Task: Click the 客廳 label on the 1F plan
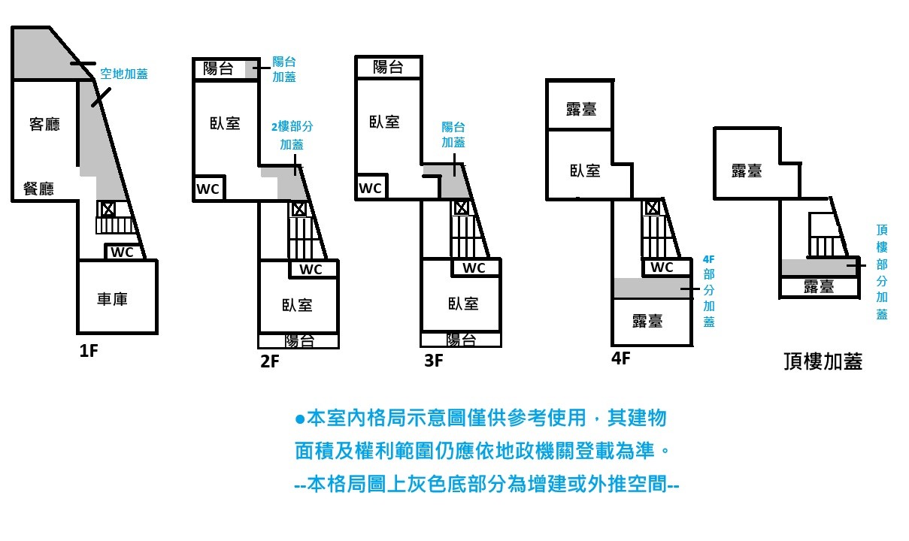coord(44,125)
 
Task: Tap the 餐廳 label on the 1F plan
coord(38,189)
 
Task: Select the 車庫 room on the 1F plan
coord(112,299)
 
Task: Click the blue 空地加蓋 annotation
coord(124,74)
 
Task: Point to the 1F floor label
coord(89,351)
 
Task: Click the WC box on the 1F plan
coord(122,252)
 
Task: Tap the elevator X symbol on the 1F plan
coord(107,209)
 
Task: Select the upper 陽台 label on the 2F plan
coord(218,69)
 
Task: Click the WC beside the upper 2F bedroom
coord(208,189)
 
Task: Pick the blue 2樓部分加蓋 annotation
coord(292,135)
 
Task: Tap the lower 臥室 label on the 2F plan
coord(297,304)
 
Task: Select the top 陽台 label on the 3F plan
coord(388,67)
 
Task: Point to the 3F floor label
coord(434,361)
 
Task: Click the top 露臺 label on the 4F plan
coord(581,108)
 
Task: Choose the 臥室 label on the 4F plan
coord(585,171)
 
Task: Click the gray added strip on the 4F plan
coord(651,289)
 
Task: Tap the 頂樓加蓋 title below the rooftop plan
coord(822,362)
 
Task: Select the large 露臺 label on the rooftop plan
coord(747,171)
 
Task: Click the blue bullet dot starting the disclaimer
coord(299,419)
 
